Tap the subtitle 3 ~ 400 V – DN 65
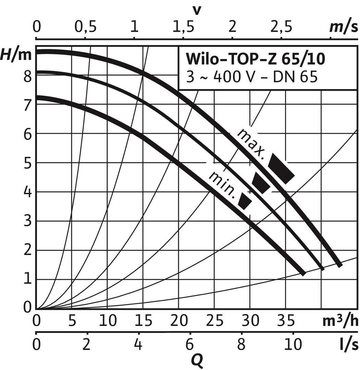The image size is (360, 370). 252,77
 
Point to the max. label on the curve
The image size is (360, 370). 251,143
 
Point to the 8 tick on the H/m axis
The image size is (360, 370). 27,76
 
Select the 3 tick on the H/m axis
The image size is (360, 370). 27,221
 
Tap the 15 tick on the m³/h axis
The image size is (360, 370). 143,321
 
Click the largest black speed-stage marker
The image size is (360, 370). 281,169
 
